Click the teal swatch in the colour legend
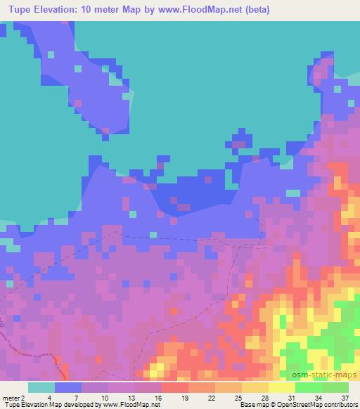click(x=41, y=387)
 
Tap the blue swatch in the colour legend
click(x=68, y=387)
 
